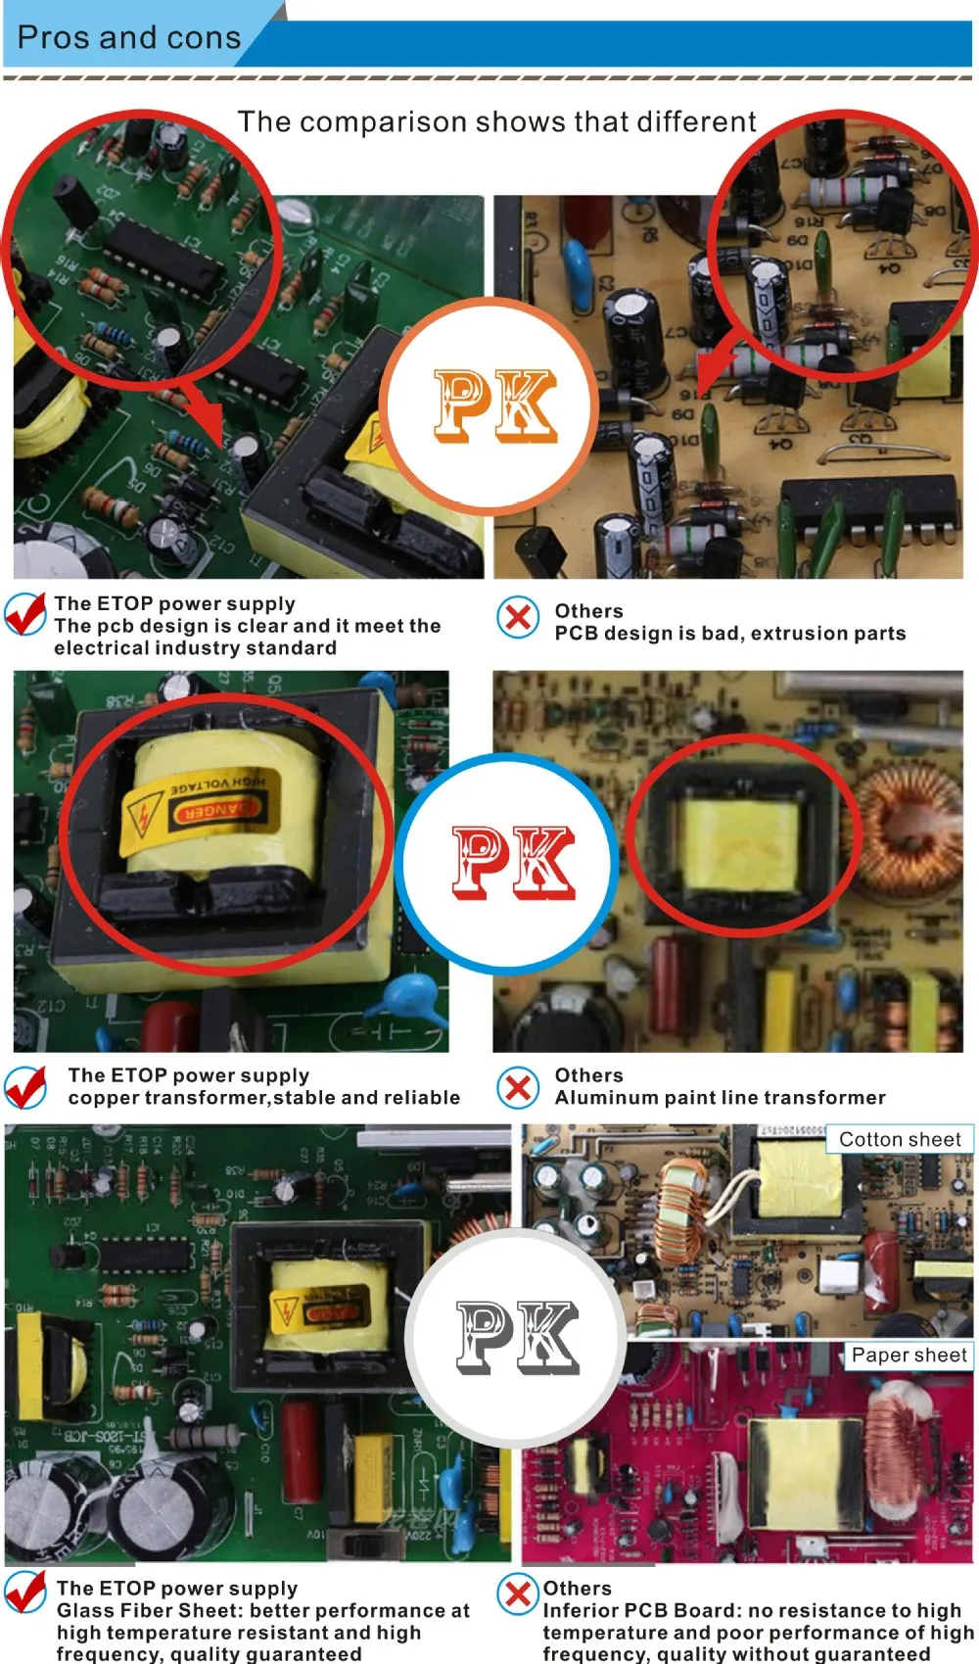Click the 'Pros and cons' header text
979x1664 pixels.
point(128,38)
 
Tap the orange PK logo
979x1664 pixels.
point(495,404)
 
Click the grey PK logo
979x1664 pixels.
point(517,1338)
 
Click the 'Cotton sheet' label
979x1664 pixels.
point(900,1139)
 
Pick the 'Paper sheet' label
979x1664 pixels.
point(909,1355)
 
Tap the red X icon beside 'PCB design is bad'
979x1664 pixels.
point(518,617)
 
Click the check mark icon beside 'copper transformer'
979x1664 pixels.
point(26,1086)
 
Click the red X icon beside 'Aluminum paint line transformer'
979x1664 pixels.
point(518,1087)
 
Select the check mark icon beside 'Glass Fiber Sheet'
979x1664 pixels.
point(26,1592)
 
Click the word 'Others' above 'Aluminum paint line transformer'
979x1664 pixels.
point(588,1075)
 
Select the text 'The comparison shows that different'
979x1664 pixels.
point(496,122)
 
